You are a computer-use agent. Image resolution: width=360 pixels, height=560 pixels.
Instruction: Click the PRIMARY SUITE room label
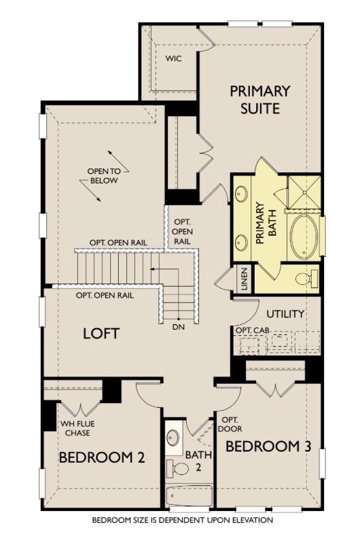259,99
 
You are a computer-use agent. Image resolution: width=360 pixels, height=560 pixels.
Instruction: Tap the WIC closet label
174,58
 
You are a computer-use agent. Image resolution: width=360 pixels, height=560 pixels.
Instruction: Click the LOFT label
101,333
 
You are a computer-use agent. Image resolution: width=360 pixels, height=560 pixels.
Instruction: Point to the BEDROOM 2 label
102,457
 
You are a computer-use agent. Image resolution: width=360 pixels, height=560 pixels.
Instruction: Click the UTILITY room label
285,314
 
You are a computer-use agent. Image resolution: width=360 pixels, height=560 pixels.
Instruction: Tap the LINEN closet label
244,279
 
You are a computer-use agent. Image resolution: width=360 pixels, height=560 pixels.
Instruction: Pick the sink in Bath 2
173,436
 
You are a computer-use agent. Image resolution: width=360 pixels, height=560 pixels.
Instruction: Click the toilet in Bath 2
179,468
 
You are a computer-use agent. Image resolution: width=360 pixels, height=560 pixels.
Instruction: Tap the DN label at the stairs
178,327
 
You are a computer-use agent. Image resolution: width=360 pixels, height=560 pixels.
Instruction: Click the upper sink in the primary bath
242,195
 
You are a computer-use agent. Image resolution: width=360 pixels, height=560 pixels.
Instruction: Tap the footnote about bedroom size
182,520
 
